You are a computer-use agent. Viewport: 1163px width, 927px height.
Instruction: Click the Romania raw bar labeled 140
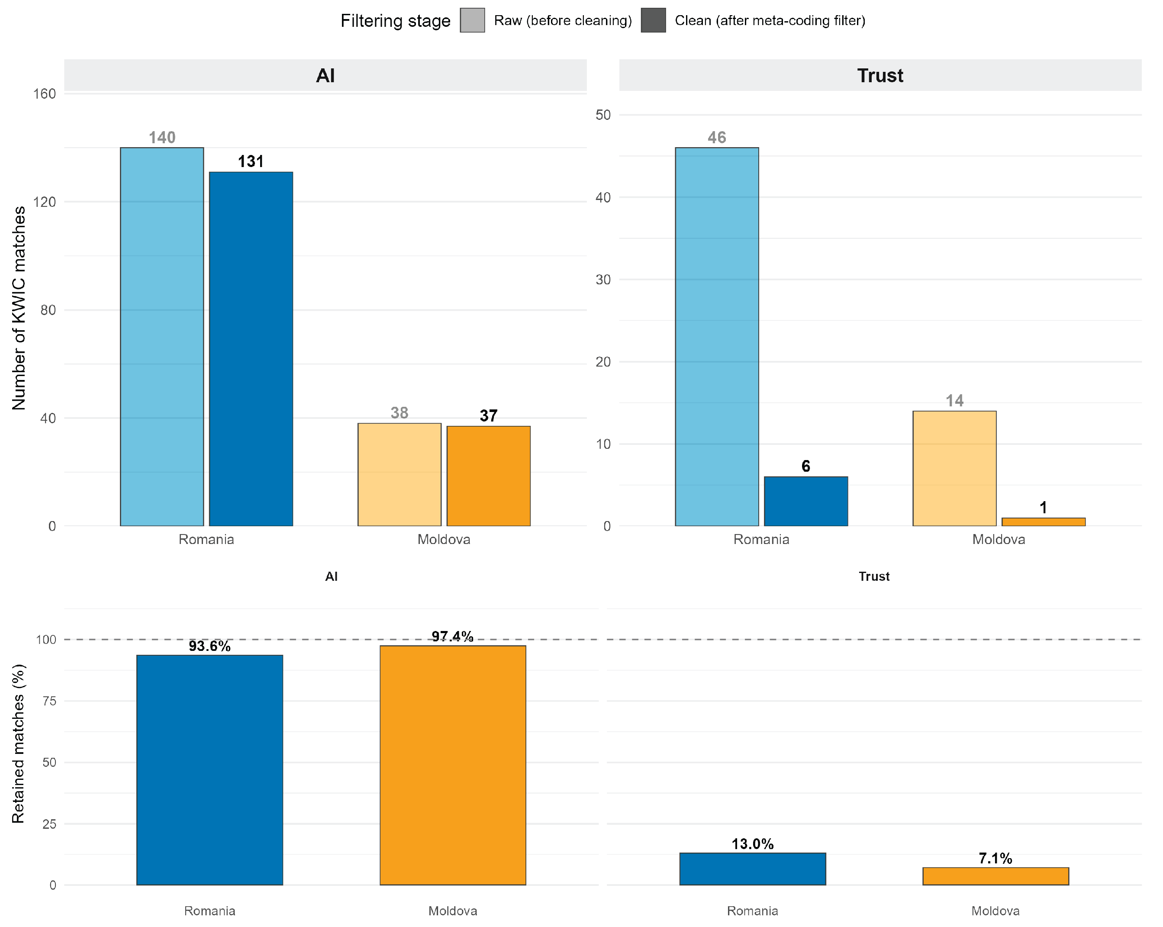(x=162, y=337)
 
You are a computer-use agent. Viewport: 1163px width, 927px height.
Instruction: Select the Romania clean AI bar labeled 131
(x=251, y=349)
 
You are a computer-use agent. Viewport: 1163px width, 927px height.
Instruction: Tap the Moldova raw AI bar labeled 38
(x=399, y=475)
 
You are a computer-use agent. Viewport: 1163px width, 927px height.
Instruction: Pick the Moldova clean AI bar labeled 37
(x=488, y=476)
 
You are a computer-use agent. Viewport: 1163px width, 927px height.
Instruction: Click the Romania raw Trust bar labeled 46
(x=717, y=337)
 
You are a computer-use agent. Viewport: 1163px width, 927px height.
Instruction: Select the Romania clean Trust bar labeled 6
(x=806, y=501)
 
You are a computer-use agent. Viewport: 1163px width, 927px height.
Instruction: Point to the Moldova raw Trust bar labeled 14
(x=954, y=468)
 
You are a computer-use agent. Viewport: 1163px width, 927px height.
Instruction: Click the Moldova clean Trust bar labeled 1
(x=1043, y=521)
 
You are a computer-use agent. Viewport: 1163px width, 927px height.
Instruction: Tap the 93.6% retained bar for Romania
(x=210, y=769)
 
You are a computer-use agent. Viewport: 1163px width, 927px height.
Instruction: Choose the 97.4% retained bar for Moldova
(x=453, y=765)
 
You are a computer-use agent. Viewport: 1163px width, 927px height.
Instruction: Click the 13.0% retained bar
(x=753, y=869)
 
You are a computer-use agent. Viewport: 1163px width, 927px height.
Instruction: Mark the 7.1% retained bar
(x=996, y=876)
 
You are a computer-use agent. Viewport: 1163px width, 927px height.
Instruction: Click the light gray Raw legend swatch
(x=472, y=20)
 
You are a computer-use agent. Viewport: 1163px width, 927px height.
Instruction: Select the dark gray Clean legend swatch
(x=653, y=20)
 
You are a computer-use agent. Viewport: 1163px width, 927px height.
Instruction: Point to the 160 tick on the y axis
(x=44, y=94)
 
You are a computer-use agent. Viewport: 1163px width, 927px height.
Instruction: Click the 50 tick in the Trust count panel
(x=603, y=115)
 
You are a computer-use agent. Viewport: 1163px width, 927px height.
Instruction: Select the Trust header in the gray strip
(x=880, y=75)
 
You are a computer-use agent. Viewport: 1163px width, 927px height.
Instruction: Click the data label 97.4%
(x=453, y=636)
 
